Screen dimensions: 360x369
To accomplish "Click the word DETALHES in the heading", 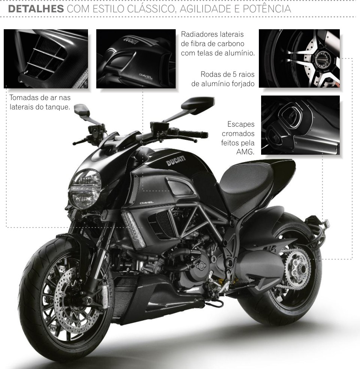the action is (36, 9).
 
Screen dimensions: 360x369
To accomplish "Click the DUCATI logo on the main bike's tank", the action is (176, 161).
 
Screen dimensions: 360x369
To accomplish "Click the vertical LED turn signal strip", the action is (133, 229).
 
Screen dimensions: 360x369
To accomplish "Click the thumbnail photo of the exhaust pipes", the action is (300, 125).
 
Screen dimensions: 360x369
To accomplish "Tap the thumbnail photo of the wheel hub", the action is (299, 58).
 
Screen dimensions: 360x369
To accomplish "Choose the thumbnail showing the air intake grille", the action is (46, 59).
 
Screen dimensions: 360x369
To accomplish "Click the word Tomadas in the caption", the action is (24, 99).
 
